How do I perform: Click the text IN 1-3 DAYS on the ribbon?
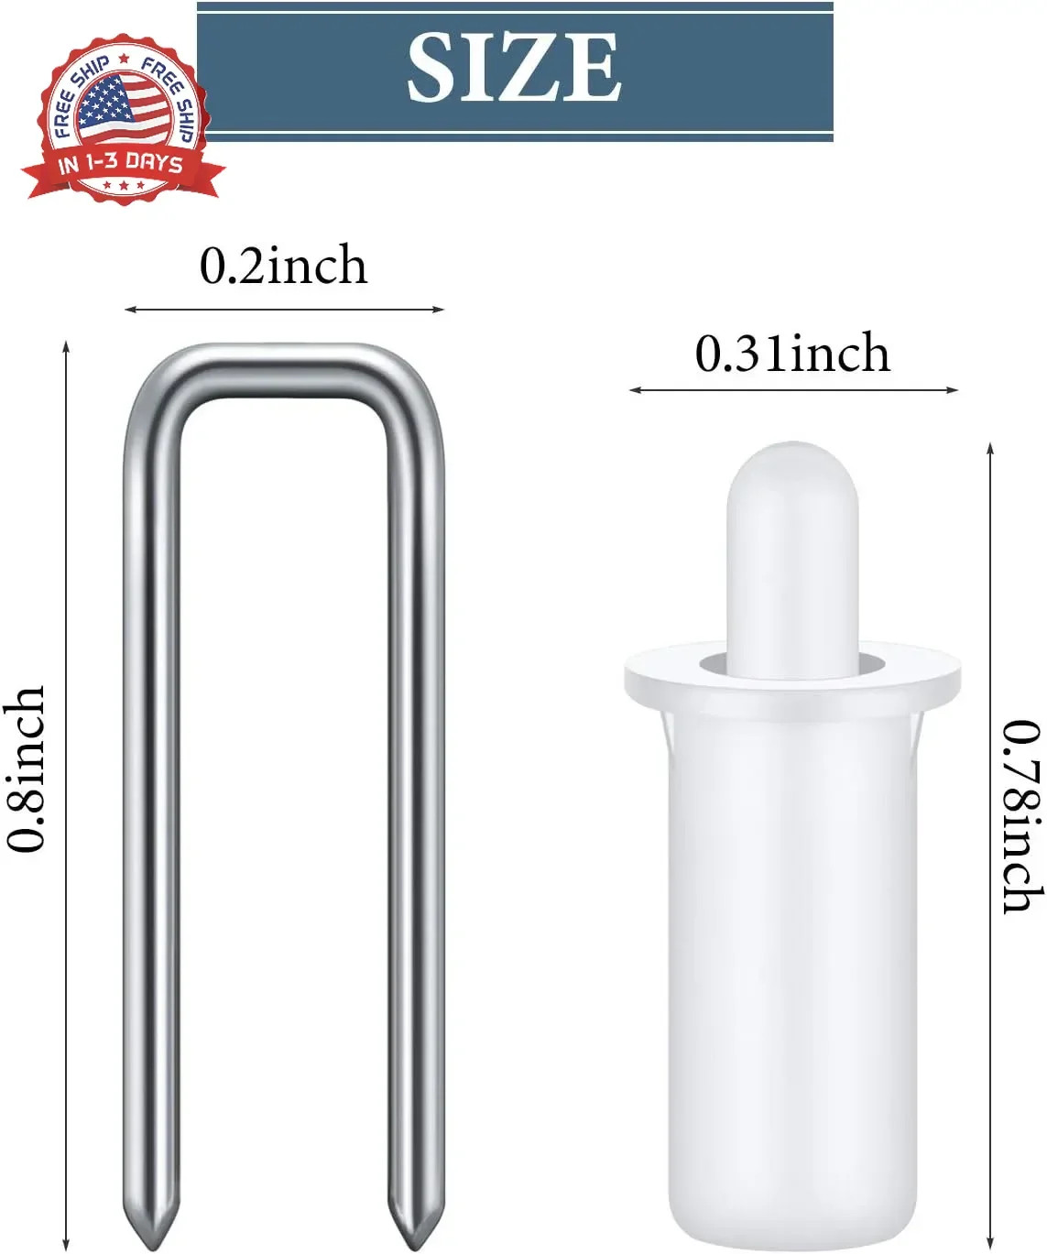click(120, 163)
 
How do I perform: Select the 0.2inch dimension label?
click(283, 266)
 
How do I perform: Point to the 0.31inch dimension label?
click(792, 353)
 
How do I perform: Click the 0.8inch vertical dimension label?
click(26, 769)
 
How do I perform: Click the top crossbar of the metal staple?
click(284, 371)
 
